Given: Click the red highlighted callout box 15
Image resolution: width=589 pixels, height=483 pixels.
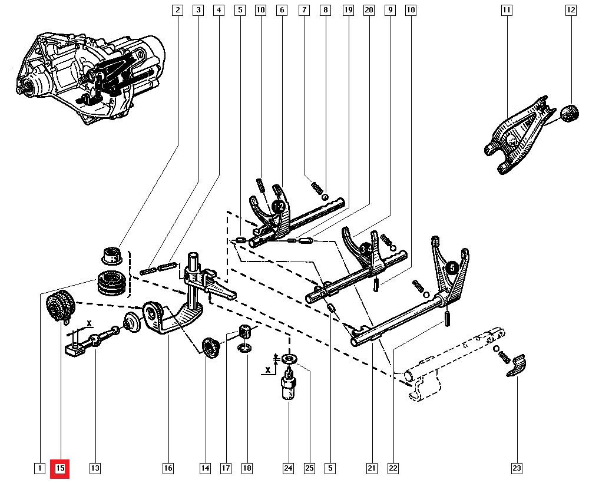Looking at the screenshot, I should pos(60,468).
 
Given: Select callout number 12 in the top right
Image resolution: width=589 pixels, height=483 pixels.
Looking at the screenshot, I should pos(571,9).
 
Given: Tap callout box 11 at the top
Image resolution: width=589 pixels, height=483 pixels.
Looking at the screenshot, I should pos(507,9).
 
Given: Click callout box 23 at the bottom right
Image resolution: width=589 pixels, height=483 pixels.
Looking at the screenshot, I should pos(517,468).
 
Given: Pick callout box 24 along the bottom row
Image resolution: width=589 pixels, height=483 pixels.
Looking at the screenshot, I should pos(288,468).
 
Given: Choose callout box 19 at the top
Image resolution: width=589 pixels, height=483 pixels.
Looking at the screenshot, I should pos(348,9).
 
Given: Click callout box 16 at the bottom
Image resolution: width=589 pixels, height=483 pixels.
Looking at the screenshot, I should pos(168,468).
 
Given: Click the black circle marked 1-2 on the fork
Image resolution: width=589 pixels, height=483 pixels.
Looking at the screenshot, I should pos(279,207).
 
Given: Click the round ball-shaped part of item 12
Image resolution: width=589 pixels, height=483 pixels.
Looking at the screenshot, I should pos(570,113).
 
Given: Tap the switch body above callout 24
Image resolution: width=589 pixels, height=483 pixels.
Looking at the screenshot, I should pos(289,389).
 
